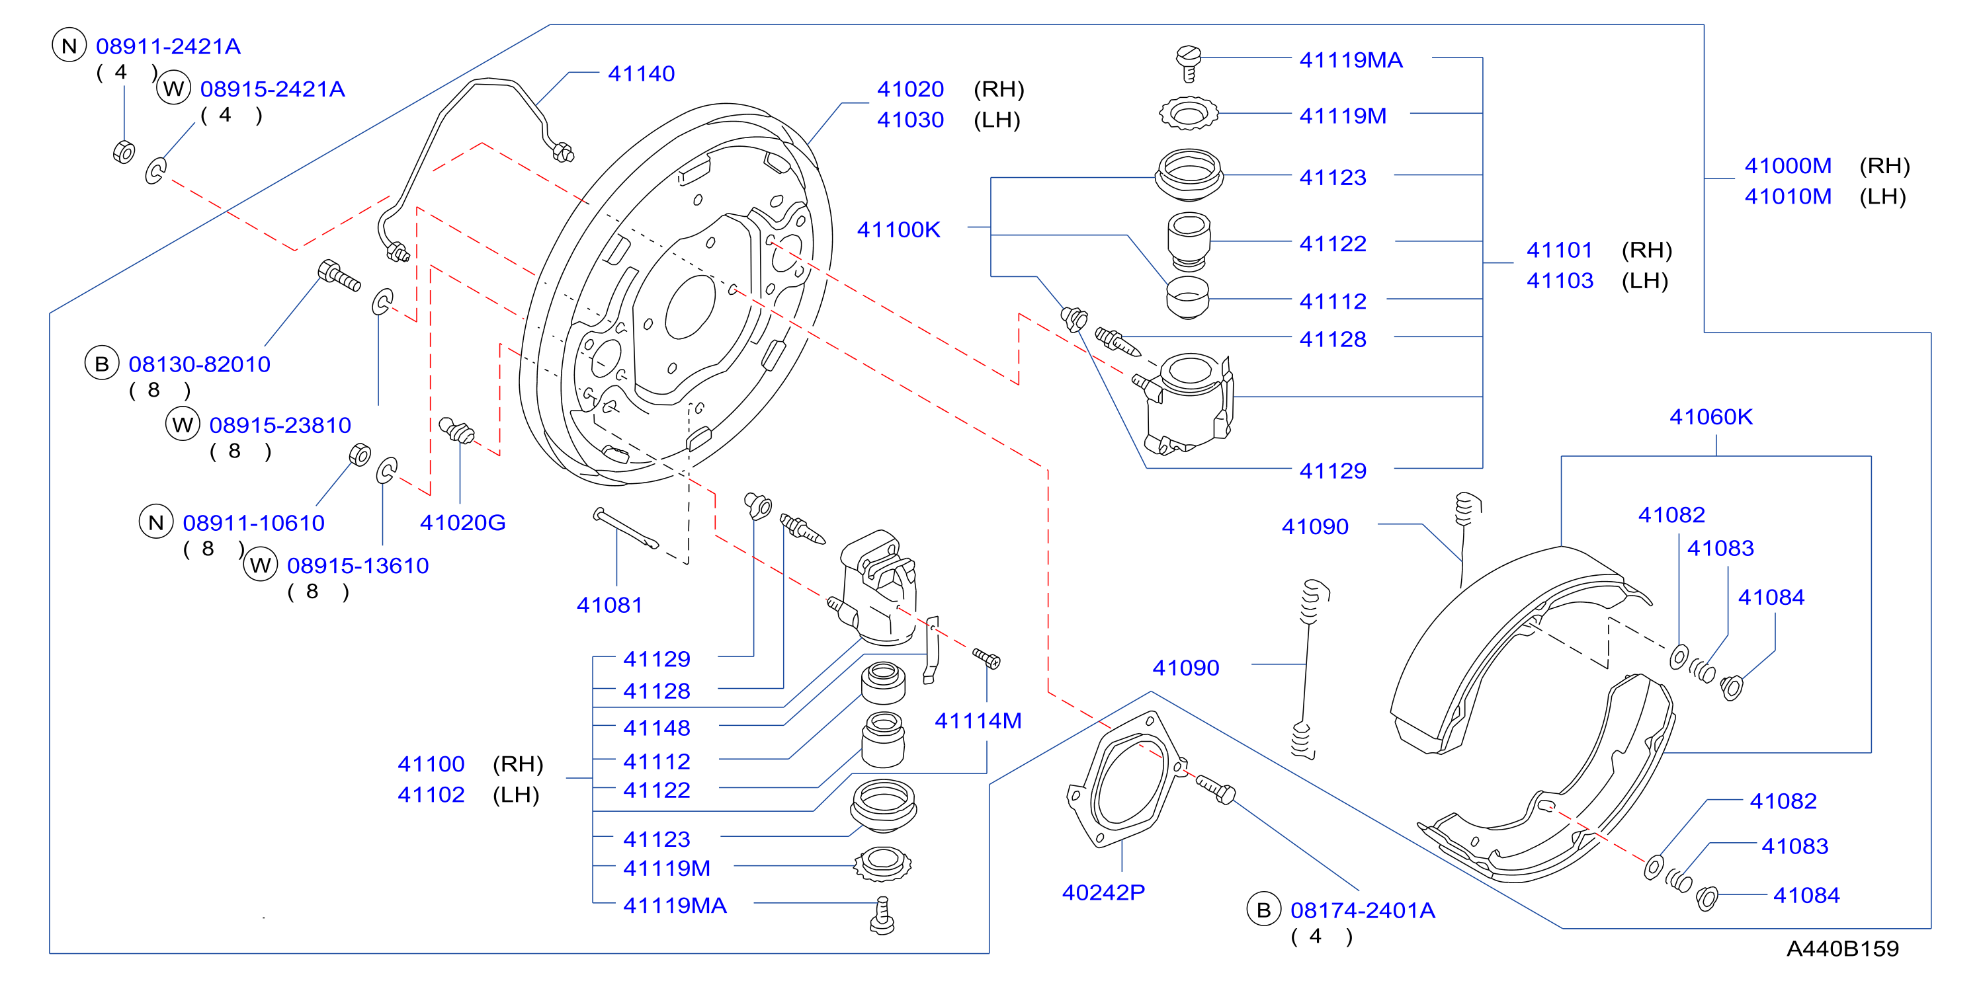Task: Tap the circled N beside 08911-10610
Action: click(156, 523)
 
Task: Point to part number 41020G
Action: click(462, 523)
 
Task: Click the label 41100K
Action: click(898, 230)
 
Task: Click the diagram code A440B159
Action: click(1842, 949)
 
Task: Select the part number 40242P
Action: click(1103, 892)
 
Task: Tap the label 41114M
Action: click(978, 721)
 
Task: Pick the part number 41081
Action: click(609, 606)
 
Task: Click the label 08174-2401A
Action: click(1362, 911)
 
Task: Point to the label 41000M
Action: click(1787, 166)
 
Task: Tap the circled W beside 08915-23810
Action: click(183, 424)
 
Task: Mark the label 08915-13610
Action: click(358, 566)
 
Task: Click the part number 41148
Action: click(656, 728)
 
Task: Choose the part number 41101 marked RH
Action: click(1559, 251)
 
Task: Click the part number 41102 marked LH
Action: click(431, 795)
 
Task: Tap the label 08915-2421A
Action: click(273, 89)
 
